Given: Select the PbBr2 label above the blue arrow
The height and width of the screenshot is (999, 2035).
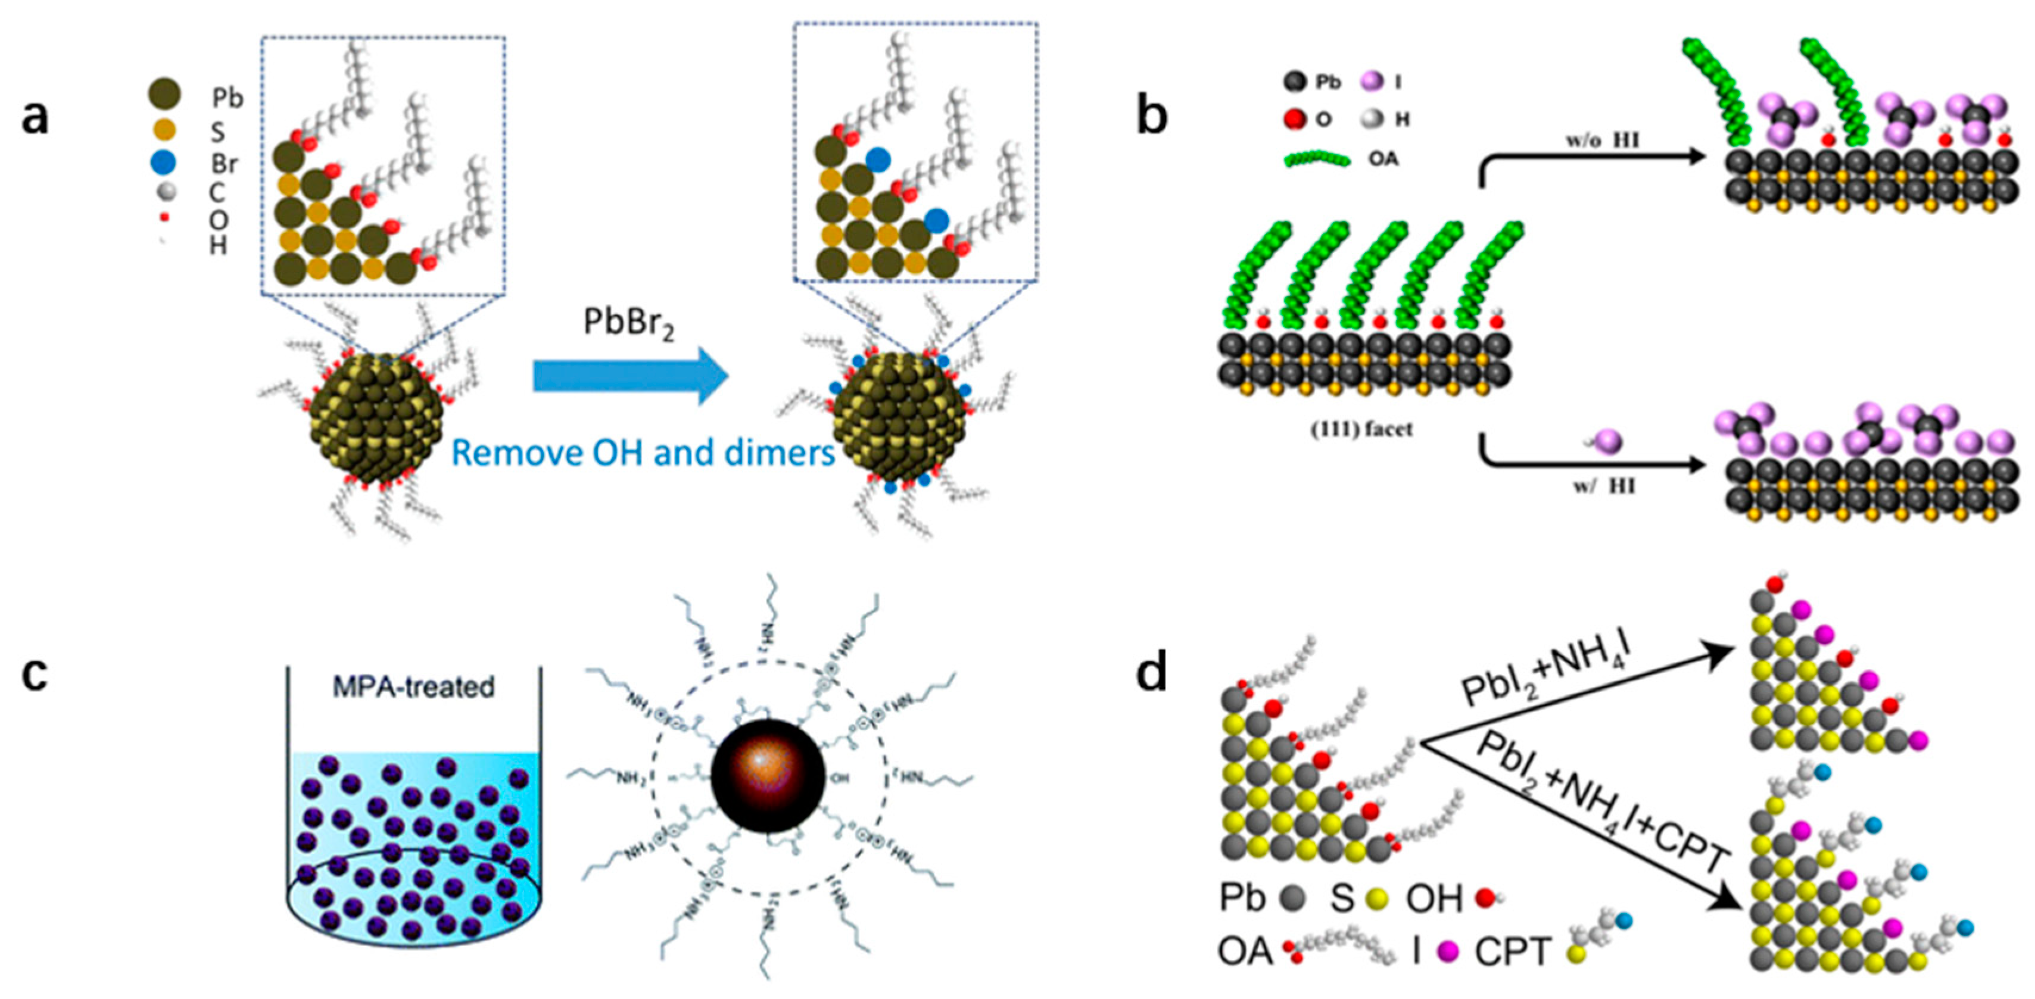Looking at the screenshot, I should point(629,324).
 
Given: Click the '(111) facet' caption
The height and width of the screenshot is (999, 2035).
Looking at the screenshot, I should point(1361,430).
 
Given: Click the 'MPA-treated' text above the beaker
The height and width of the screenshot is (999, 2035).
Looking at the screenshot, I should point(413,686).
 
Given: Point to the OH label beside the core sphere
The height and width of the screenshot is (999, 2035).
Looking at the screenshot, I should point(840,778).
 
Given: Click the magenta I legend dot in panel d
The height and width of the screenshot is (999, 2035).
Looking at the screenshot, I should point(1448,951).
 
